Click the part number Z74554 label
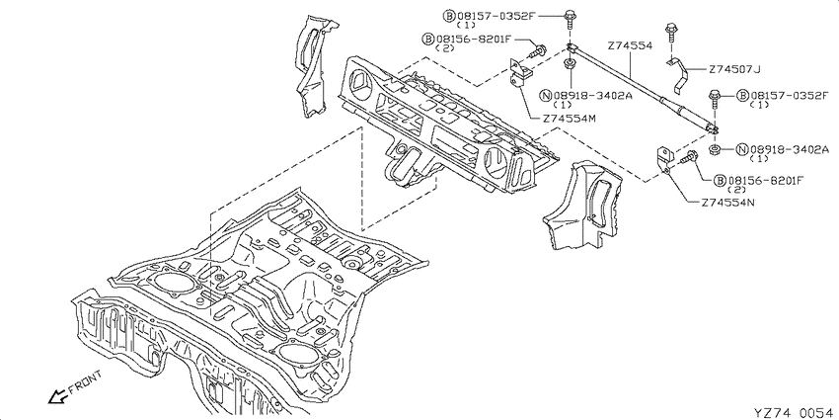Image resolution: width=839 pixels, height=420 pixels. tap(631, 46)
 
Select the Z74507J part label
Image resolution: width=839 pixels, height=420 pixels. tap(734, 69)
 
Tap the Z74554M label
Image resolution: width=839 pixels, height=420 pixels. tap(569, 119)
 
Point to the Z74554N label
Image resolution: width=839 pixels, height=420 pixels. tap(727, 203)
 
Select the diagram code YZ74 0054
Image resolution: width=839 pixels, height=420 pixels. tap(793, 412)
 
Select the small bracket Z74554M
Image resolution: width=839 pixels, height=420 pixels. tap(519, 75)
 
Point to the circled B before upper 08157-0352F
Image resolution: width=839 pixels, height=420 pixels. tap(448, 16)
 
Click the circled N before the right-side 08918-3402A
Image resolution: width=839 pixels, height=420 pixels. tap(742, 149)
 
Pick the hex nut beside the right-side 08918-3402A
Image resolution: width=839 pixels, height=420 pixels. tap(714, 149)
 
